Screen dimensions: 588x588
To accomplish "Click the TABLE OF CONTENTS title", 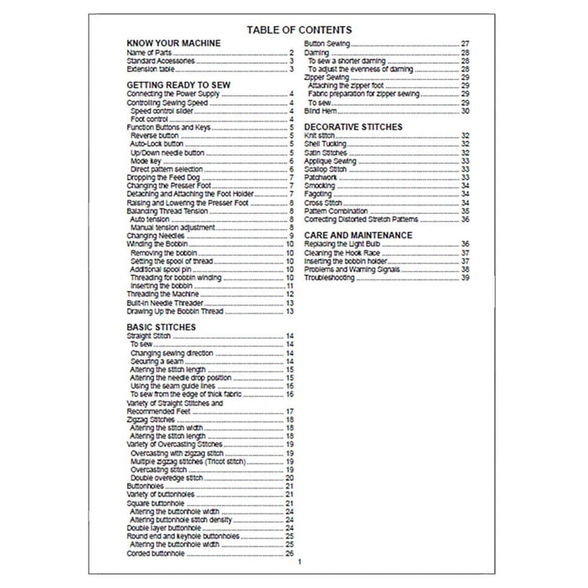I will point(294,30).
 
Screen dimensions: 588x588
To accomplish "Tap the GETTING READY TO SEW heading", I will point(174,83).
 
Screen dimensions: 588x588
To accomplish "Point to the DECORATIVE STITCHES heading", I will point(353,125).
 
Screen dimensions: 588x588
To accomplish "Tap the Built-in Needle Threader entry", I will point(165,303).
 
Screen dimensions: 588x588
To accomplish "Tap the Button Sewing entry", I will point(326,42).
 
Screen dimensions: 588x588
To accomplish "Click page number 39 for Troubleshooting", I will point(465,278).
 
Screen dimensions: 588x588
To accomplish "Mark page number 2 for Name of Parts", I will point(291,52).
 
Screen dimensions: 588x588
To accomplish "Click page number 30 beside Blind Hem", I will point(465,111).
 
